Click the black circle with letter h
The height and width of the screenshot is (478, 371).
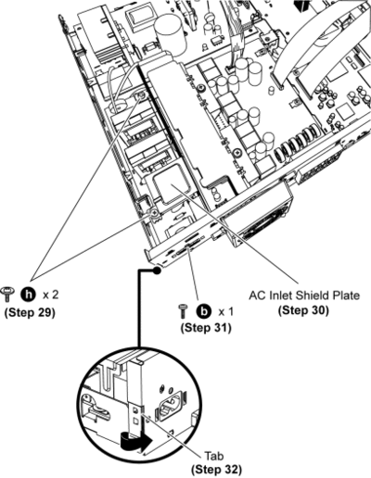tap(28, 295)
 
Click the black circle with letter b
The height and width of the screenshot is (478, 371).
tap(203, 311)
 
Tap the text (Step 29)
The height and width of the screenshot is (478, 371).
tap(30, 312)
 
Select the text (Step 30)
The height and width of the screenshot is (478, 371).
tap(303, 310)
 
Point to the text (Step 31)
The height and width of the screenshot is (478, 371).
tap(206, 327)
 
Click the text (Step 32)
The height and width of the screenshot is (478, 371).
tap(216, 470)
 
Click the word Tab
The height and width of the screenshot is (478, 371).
tap(214, 456)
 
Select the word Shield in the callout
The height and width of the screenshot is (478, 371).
tap(311, 296)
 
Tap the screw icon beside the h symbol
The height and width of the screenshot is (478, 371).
tap(7, 294)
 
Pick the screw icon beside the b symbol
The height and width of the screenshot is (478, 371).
tap(183, 311)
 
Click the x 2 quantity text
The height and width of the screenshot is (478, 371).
tap(50, 295)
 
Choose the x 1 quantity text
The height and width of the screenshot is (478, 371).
tap(226, 312)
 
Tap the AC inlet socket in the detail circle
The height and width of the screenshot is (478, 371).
tap(169, 406)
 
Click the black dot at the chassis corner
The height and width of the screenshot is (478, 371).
tap(157, 270)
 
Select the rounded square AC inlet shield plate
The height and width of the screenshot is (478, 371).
tap(168, 183)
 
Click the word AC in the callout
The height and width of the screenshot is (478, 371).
tap(256, 296)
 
